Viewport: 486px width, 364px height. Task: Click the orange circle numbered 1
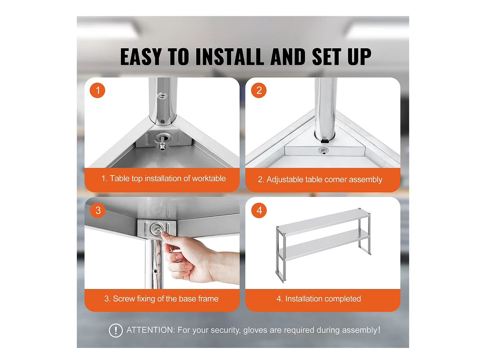pyautogui.click(x=98, y=90)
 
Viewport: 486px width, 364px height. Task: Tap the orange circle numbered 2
pyautogui.click(x=258, y=90)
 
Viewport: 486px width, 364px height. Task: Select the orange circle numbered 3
pyautogui.click(x=98, y=211)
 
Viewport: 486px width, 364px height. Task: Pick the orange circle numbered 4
pyautogui.click(x=259, y=211)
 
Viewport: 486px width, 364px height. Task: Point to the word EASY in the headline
pyautogui.click(x=141, y=57)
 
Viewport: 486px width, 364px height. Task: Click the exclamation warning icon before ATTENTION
pyautogui.click(x=116, y=330)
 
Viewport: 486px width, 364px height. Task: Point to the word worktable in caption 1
pyautogui.click(x=209, y=178)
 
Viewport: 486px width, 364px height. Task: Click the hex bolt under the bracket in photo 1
pyautogui.click(x=163, y=147)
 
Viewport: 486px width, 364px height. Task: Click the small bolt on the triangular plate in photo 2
pyautogui.click(x=323, y=151)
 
